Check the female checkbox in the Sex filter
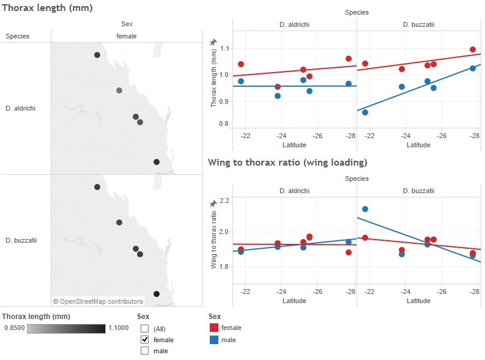coord(145,339)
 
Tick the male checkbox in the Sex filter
coord(145,351)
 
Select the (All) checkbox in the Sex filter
coord(145,328)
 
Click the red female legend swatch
coord(214,328)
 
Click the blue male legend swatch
coord(214,340)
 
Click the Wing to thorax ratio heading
coord(287,162)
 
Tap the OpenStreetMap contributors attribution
coord(98,301)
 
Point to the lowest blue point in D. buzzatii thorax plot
coord(365,112)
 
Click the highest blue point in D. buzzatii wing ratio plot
coord(365,209)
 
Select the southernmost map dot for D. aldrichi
coord(157,162)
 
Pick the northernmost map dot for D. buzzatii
coord(97,187)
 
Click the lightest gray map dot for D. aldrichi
coord(119,90)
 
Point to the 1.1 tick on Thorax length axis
coord(224,48)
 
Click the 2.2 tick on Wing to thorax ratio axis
coord(224,200)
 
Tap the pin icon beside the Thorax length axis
coord(213,42)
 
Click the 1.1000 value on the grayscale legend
coord(118,328)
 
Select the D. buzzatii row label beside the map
coord(21,240)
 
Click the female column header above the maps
coord(127,36)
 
